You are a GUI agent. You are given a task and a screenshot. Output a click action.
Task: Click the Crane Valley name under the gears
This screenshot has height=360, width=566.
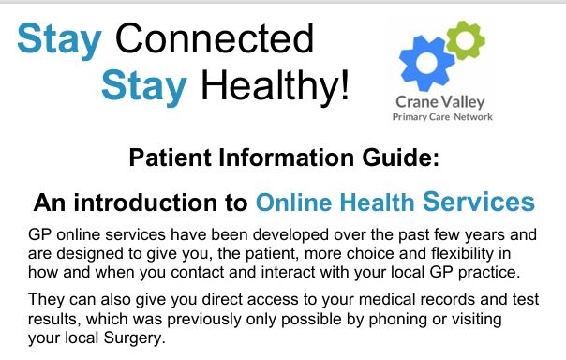439,103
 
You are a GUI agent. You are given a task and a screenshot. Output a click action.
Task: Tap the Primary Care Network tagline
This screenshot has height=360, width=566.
440,118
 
